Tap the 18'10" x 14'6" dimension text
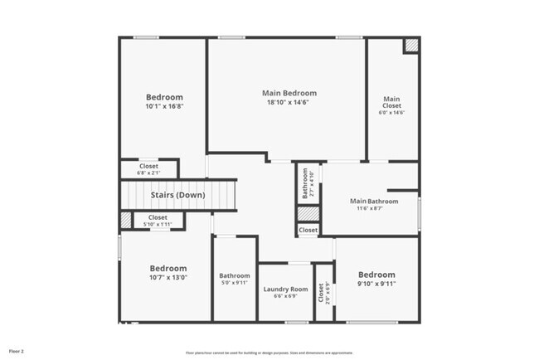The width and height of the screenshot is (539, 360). coord(288,103)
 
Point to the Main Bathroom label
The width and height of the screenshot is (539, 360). coord(374,201)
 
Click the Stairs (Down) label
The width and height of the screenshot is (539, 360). coord(178,195)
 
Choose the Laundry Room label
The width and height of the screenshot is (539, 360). coord(285,289)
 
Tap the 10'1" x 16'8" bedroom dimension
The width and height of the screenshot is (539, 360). coord(164,106)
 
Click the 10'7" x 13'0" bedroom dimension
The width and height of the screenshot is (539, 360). coord(168,278)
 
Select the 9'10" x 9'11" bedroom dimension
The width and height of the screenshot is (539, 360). coord(376,284)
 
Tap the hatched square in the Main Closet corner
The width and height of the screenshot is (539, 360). coord(410,46)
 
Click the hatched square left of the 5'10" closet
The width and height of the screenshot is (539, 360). coord(125,220)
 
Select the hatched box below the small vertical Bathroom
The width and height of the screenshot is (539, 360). coord(308,213)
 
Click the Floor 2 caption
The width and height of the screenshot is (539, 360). coord(17,351)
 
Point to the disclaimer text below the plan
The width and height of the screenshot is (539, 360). coord(269,353)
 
